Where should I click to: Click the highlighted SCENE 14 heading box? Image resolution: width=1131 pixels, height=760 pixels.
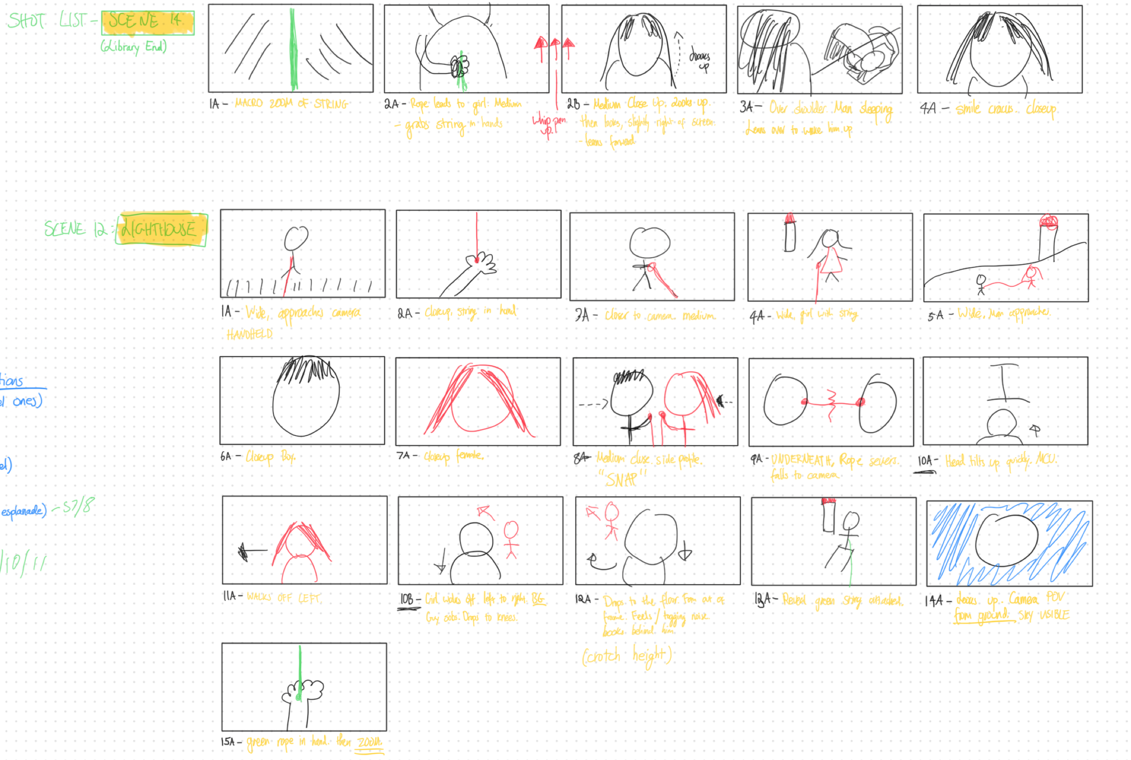(x=147, y=22)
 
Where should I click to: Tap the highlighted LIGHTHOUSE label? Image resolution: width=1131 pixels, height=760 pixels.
(x=161, y=229)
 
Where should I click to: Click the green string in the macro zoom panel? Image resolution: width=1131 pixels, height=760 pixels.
(x=292, y=48)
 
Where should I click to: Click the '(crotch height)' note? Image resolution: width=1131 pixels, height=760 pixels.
(x=627, y=656)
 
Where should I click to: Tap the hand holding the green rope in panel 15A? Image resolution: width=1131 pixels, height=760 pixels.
(x=303, y=691)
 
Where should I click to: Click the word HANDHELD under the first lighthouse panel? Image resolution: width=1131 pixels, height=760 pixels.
(x=250, y=335)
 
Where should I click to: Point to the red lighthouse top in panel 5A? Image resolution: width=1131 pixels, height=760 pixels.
(x=1048, y=222)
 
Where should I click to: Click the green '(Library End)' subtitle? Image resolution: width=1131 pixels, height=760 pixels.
(x=133, y=47)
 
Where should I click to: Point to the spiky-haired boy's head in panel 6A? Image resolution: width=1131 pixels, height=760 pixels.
(x=306, y=397)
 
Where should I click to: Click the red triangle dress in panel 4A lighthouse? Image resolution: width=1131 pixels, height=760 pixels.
(x=831, y=261)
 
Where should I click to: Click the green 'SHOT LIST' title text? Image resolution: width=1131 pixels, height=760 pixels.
(x=48, y=21)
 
